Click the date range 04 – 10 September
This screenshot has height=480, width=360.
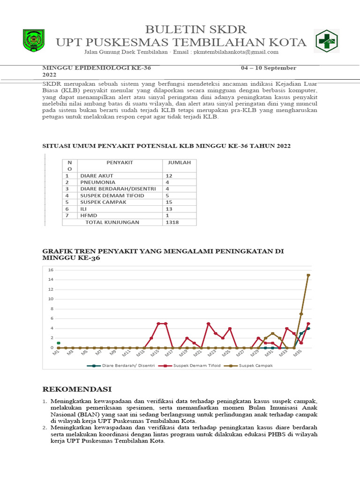269,68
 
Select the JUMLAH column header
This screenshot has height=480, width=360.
176,163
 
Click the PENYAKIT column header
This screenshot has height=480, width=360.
120,163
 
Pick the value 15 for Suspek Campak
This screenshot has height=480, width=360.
169,202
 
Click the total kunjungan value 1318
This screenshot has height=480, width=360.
172,222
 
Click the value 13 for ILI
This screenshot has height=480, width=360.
169,209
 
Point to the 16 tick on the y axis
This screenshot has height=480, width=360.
51,270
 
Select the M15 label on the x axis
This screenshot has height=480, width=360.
155,354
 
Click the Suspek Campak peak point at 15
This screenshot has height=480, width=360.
308,275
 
